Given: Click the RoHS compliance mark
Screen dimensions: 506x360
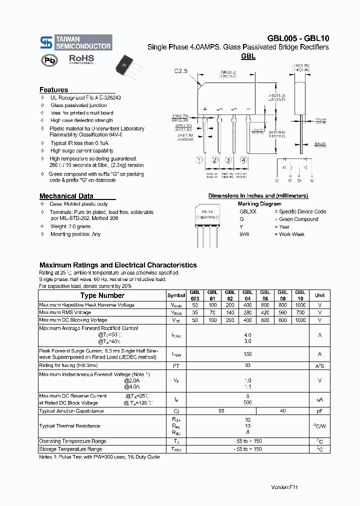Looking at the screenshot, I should click(81, 59).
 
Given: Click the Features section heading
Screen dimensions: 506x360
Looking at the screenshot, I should click(54, 90).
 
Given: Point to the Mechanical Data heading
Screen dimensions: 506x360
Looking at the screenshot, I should click(66, 196).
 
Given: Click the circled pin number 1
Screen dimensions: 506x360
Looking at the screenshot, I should click(199, 160).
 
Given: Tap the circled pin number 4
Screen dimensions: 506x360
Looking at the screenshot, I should click(243, 160).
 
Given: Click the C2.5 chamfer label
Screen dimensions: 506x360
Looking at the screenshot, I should click(181, 71).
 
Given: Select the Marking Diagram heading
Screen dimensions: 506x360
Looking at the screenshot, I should click(259, 204).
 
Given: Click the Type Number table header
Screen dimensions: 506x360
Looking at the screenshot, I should click(102, 295).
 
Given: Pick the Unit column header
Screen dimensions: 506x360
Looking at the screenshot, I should click(319, 295).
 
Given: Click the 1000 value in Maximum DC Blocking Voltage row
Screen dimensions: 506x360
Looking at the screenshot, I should click(300, 320).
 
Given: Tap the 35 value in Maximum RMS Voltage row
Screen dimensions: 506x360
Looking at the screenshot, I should click(194, 312).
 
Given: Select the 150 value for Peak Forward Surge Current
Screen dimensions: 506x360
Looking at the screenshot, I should click(247, 354).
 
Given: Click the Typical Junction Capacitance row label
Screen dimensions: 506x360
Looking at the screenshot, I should click(71, 411).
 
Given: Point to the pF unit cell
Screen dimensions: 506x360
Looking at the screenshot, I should click(319, 411).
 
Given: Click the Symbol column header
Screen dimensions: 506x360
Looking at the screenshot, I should click(176, 295).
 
